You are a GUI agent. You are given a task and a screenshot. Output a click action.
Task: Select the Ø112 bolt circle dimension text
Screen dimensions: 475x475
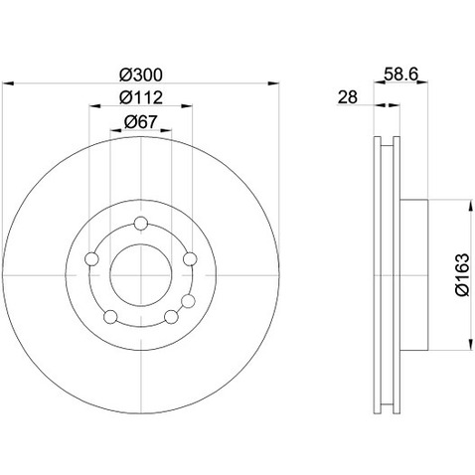click(x=140, y=97)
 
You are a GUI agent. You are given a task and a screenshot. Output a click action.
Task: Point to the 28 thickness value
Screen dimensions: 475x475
click(x=347, y=98)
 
